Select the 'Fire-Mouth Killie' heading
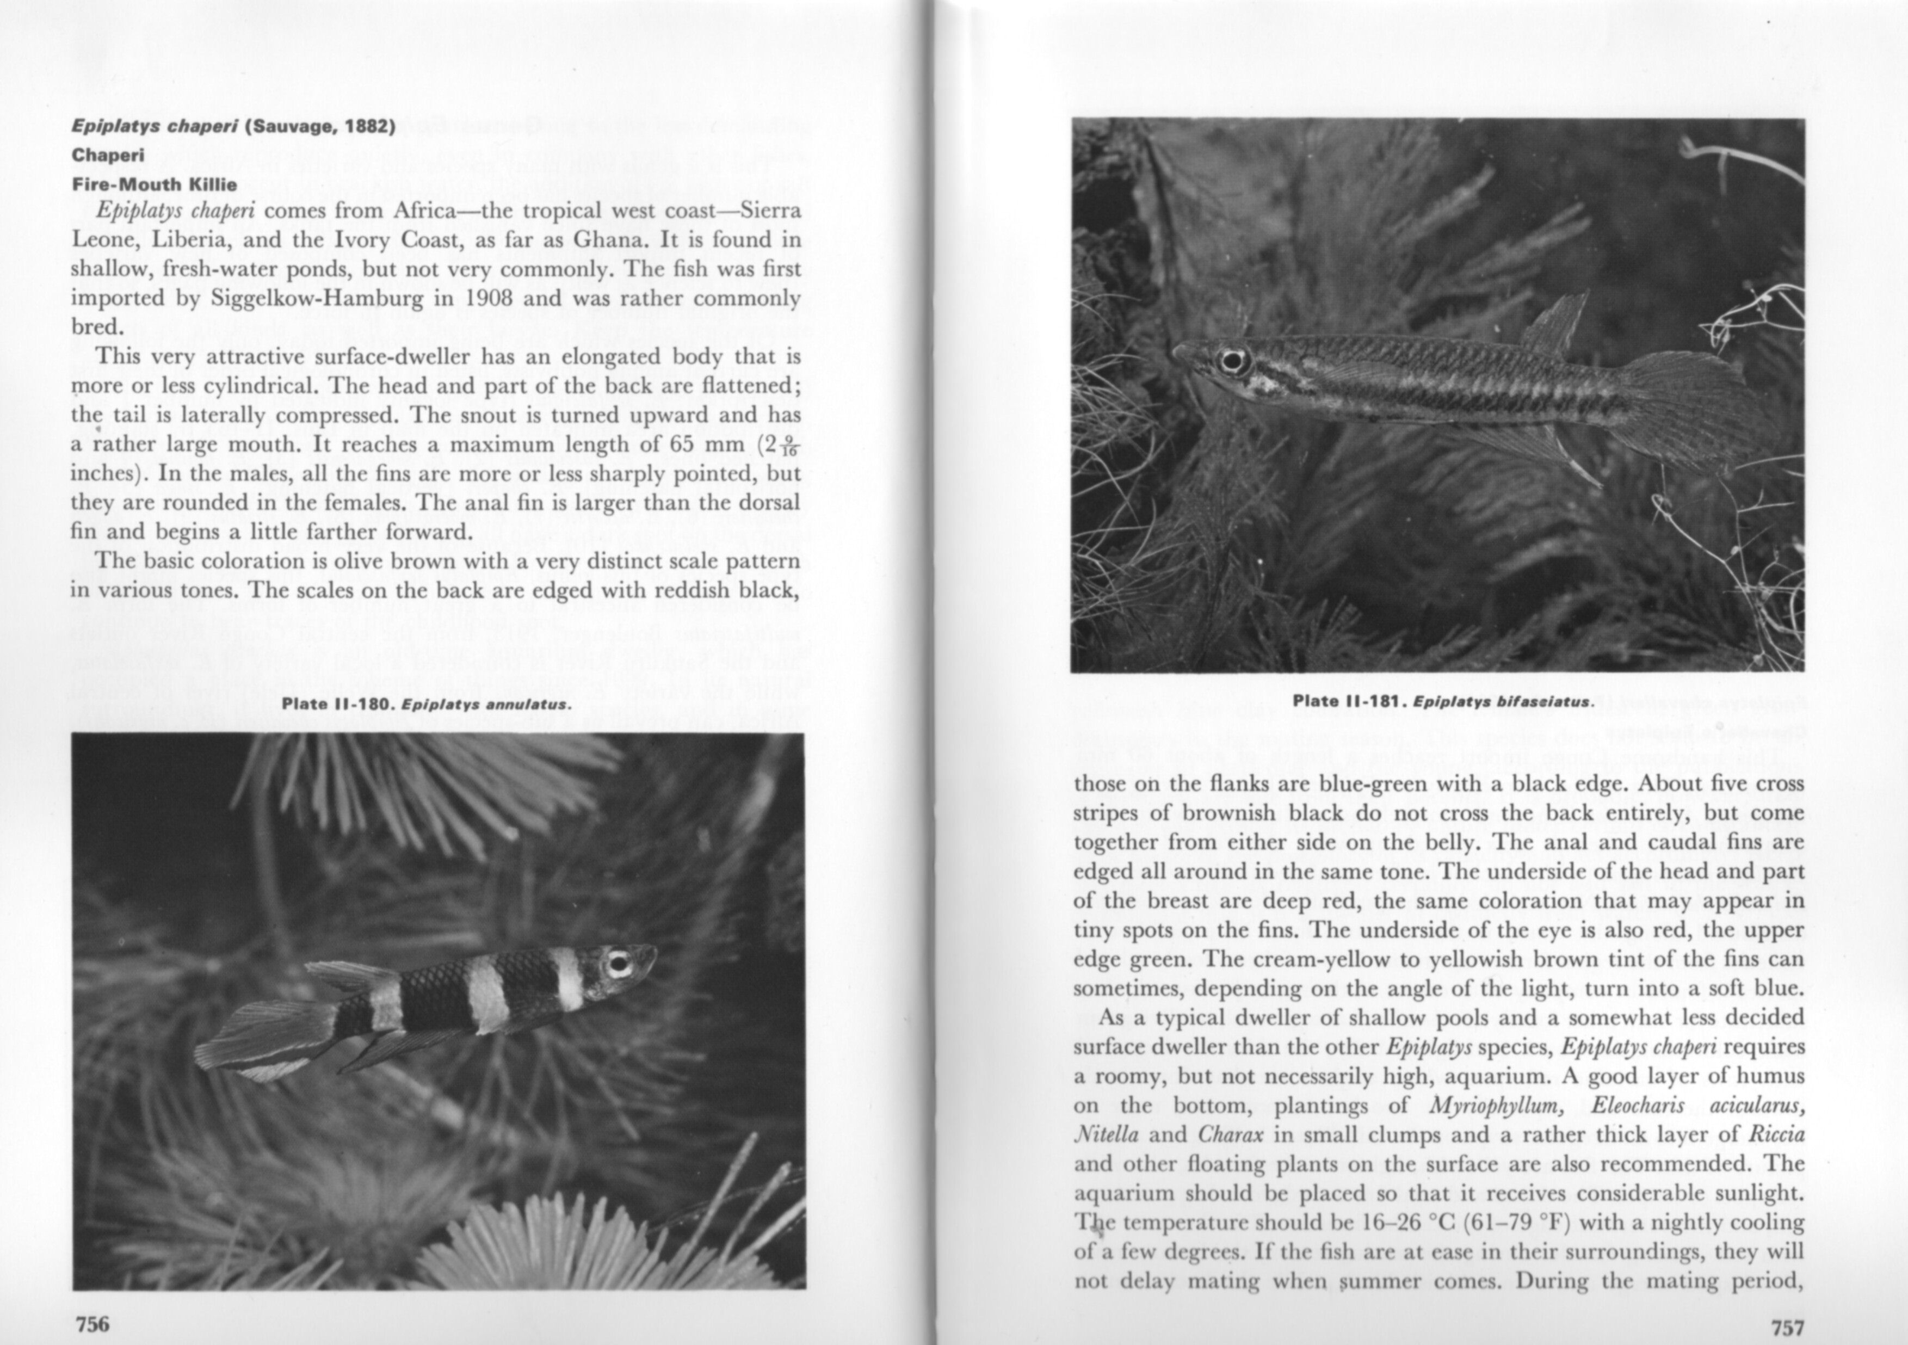[154, 184]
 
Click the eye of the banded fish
[618, 964]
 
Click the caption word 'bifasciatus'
[1549, 701]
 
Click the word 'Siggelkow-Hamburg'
[316, 298]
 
